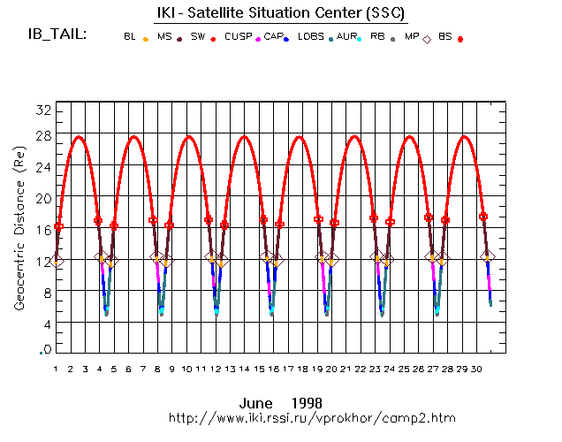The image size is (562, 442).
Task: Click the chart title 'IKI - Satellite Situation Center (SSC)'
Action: coord(281,13)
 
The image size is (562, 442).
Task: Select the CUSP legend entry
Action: coord(238,37)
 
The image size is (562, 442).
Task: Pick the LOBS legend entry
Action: coord(311,37)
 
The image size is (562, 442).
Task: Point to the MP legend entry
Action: coord(412,37)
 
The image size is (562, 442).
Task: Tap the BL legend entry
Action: coord(130,37)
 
